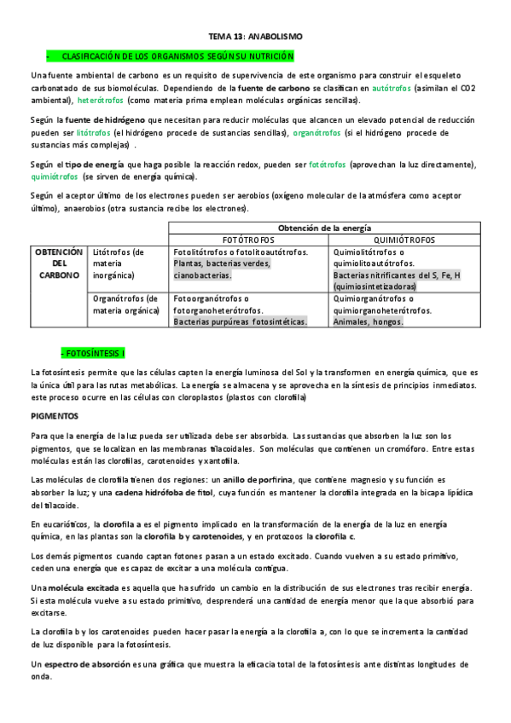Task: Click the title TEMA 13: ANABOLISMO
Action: pos(255,37)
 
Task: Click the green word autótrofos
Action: pos(392,88)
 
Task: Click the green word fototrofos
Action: pos(327,165)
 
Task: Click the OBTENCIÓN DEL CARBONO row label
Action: pos(58,264)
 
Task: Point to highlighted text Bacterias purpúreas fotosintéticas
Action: pos(239,322)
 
